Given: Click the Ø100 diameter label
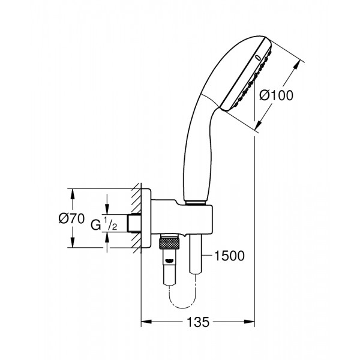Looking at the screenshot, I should (x=277, y=95).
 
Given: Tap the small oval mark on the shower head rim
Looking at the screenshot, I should (x=258, y=58).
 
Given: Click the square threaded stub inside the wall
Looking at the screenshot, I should (x=135, y=223).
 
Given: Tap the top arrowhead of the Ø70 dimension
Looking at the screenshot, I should (x=73, y=194).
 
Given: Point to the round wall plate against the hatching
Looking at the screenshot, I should (x=148, y=220).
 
